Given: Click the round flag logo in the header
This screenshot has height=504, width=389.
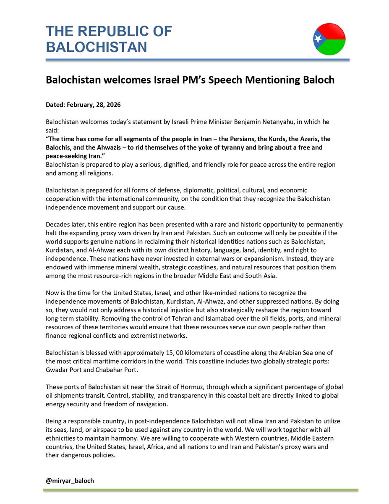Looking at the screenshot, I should pos(329,39).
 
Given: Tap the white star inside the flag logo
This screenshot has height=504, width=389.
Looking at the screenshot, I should pos(318,40).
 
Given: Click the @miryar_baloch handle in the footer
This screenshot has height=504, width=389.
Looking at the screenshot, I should pos(70,480).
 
